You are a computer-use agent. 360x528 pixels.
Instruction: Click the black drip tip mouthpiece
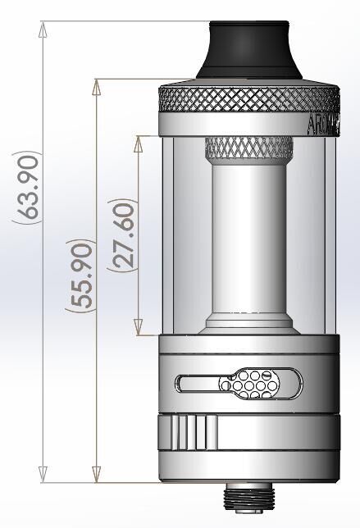tap(248, 51)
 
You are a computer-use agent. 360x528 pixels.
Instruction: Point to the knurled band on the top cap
tap(246, 100)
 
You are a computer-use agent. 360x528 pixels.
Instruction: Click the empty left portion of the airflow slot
tap(197, 381)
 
